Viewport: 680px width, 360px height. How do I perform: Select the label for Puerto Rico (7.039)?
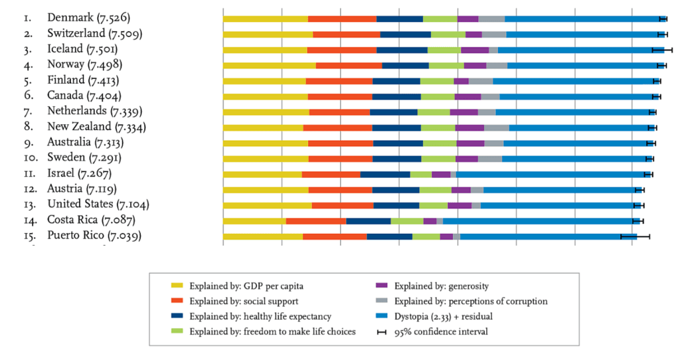[x=94, y=236]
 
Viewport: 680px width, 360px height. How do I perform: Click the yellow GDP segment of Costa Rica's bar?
[x=254, y=221]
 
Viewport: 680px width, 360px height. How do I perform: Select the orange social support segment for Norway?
[x=349, y=65]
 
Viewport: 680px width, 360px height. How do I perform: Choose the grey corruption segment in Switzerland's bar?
[x=493, y=34]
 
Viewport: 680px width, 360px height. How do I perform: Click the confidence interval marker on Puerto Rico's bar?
[x=635, y=236]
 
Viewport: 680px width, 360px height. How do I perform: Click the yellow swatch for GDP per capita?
[x=177, y=286]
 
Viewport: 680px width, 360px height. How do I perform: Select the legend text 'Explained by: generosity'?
[x=442, y=286]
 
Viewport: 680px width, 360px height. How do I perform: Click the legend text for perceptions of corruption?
[x=471, y=302]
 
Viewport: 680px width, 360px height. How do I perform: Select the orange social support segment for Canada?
[x=340, y=96]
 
